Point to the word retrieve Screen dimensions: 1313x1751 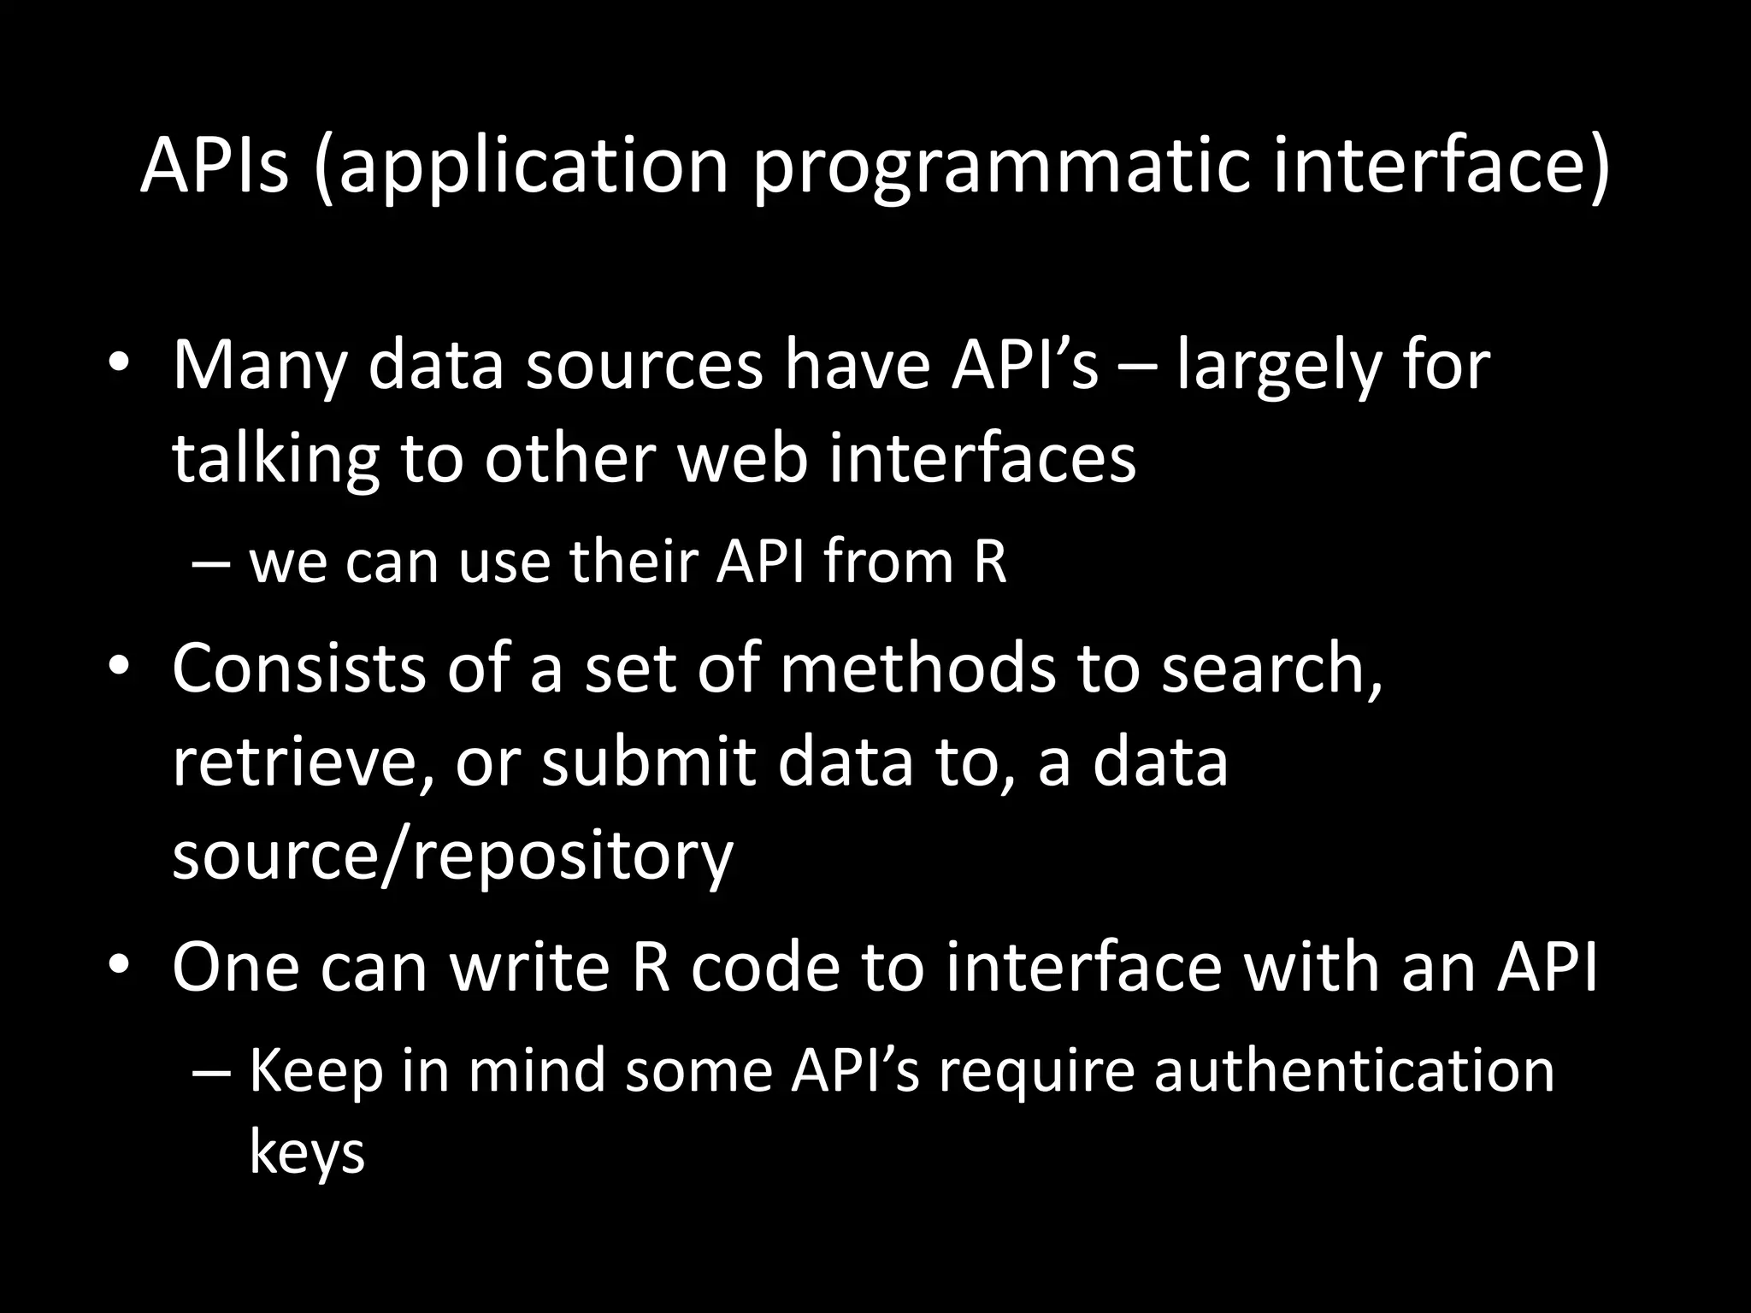pos(299,762)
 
